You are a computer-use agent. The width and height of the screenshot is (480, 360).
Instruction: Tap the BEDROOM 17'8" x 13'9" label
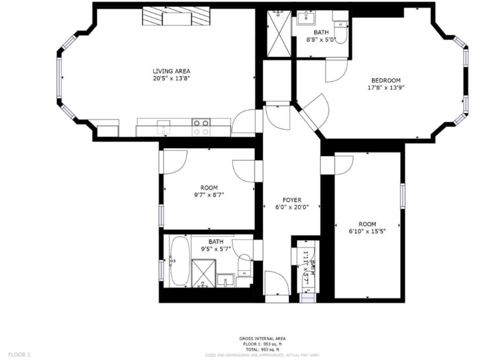click(x=386, y=84)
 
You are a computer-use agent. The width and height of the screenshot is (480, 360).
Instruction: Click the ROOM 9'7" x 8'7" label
click(x=209, y=191)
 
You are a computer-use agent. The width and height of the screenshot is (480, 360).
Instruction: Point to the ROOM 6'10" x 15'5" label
click(x=367, y=227)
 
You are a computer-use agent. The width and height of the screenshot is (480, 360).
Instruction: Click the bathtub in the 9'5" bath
click(x=179, y=261)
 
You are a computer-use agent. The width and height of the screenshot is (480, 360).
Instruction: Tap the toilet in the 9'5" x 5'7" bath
click(x=244, y=268)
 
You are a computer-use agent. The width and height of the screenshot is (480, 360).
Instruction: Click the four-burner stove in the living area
click(x=201, y=127)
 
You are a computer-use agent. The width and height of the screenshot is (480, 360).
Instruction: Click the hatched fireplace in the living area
click(x=175, y=17)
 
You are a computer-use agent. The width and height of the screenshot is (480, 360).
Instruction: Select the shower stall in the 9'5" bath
click(x=202, y=273)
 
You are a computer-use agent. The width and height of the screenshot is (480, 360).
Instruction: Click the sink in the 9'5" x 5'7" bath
click(x=226, y=279)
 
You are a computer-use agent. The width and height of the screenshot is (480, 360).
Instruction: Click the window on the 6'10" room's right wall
click(x=402, y=196)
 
